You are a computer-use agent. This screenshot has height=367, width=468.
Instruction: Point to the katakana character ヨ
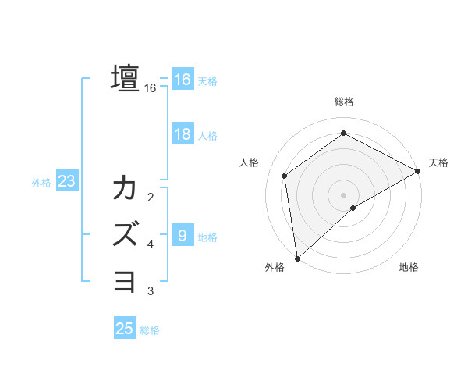pos(125,280)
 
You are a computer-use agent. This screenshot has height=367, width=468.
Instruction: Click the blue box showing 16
pos(182,80)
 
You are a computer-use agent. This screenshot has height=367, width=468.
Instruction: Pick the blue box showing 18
pos(182,134)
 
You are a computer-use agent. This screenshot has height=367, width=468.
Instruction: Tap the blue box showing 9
pos(182,235)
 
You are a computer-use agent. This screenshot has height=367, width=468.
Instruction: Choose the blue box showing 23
pos(66,182)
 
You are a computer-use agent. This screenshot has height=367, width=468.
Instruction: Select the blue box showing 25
pos(125,329)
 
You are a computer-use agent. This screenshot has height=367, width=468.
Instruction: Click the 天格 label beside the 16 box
pos(207,80)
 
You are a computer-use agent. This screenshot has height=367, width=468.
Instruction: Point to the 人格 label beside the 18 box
pos(207,135)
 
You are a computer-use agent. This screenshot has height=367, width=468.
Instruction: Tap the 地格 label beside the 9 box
pos(207,237)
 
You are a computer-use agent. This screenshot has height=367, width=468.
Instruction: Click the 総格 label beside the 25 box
pos(150,330)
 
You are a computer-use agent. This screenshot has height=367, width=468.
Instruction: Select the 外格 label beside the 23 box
pos(41,183)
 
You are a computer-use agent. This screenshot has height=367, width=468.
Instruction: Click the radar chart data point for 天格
pos(418,171)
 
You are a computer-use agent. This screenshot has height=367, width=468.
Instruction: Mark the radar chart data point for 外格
pos(296,258)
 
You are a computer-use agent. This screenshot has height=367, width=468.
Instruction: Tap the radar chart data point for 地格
pos(353,208)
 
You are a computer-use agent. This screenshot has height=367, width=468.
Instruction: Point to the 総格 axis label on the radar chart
pos(344,102)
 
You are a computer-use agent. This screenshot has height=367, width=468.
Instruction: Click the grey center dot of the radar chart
pos(344,194)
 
